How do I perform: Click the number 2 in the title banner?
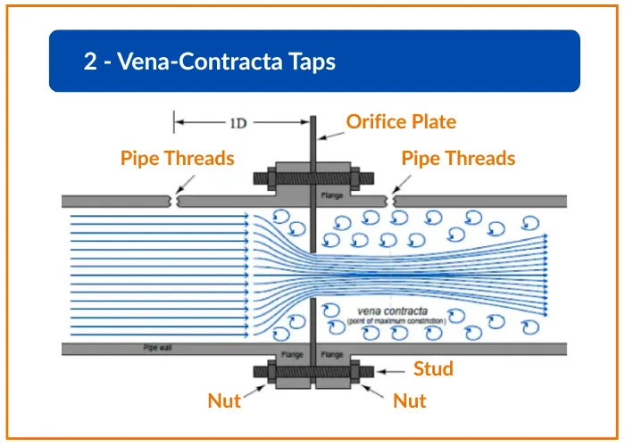click(x=90, y=62)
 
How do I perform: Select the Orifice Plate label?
click(x=401, y=121)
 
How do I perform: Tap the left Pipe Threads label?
click(x=177, y=159)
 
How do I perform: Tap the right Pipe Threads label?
click(x=458, y=159)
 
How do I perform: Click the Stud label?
click(x=433, y=368)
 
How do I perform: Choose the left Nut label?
click(x=224, y=401)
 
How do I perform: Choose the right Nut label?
click(x=410, y=401)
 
